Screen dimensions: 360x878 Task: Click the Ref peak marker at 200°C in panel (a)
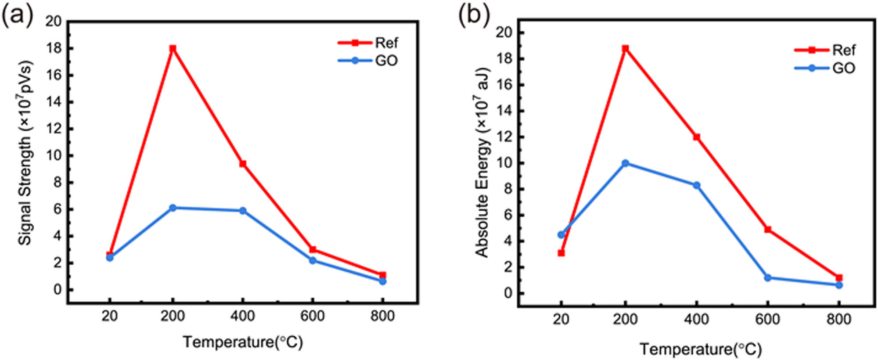click(173, 48)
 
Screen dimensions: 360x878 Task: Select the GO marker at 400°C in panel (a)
click(242, 211)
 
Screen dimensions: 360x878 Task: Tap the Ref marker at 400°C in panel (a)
click(242, 164)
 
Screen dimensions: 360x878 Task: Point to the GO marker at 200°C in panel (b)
click(625, 163)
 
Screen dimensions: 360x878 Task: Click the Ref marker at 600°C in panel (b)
click(768, 229)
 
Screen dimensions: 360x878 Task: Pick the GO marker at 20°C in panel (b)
click(561, 235)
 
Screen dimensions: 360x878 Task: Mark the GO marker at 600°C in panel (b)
click(768, 278)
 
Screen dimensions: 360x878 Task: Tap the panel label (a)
click(18, 17)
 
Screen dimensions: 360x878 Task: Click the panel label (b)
click(474, 17)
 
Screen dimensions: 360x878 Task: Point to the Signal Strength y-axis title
click(25, 154)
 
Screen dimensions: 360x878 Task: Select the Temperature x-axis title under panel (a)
click(243, 342)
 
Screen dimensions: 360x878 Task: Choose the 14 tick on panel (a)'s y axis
click(54, 102)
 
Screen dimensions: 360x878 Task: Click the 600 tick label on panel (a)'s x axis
click(312, 316)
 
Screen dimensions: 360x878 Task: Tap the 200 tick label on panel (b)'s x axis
click(625, 319)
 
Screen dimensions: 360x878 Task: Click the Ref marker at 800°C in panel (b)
click(839, 278)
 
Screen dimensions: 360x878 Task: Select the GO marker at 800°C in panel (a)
click(382, 281)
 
